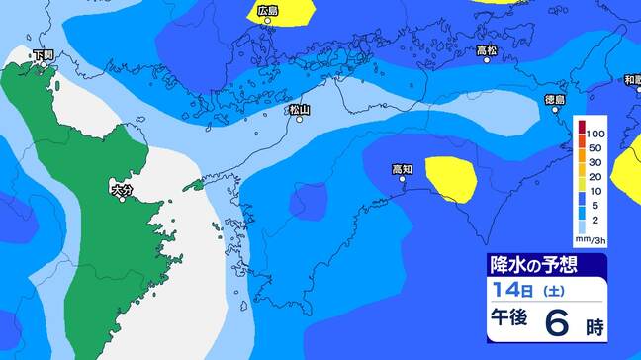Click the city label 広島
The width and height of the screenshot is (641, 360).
267,11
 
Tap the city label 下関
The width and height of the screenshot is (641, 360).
43,55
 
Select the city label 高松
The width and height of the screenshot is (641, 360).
486,49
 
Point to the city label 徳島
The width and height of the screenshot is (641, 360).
556,99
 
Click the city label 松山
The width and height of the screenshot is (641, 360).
300,110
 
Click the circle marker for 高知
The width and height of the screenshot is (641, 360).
403,180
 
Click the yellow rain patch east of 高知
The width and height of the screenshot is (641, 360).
452,178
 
